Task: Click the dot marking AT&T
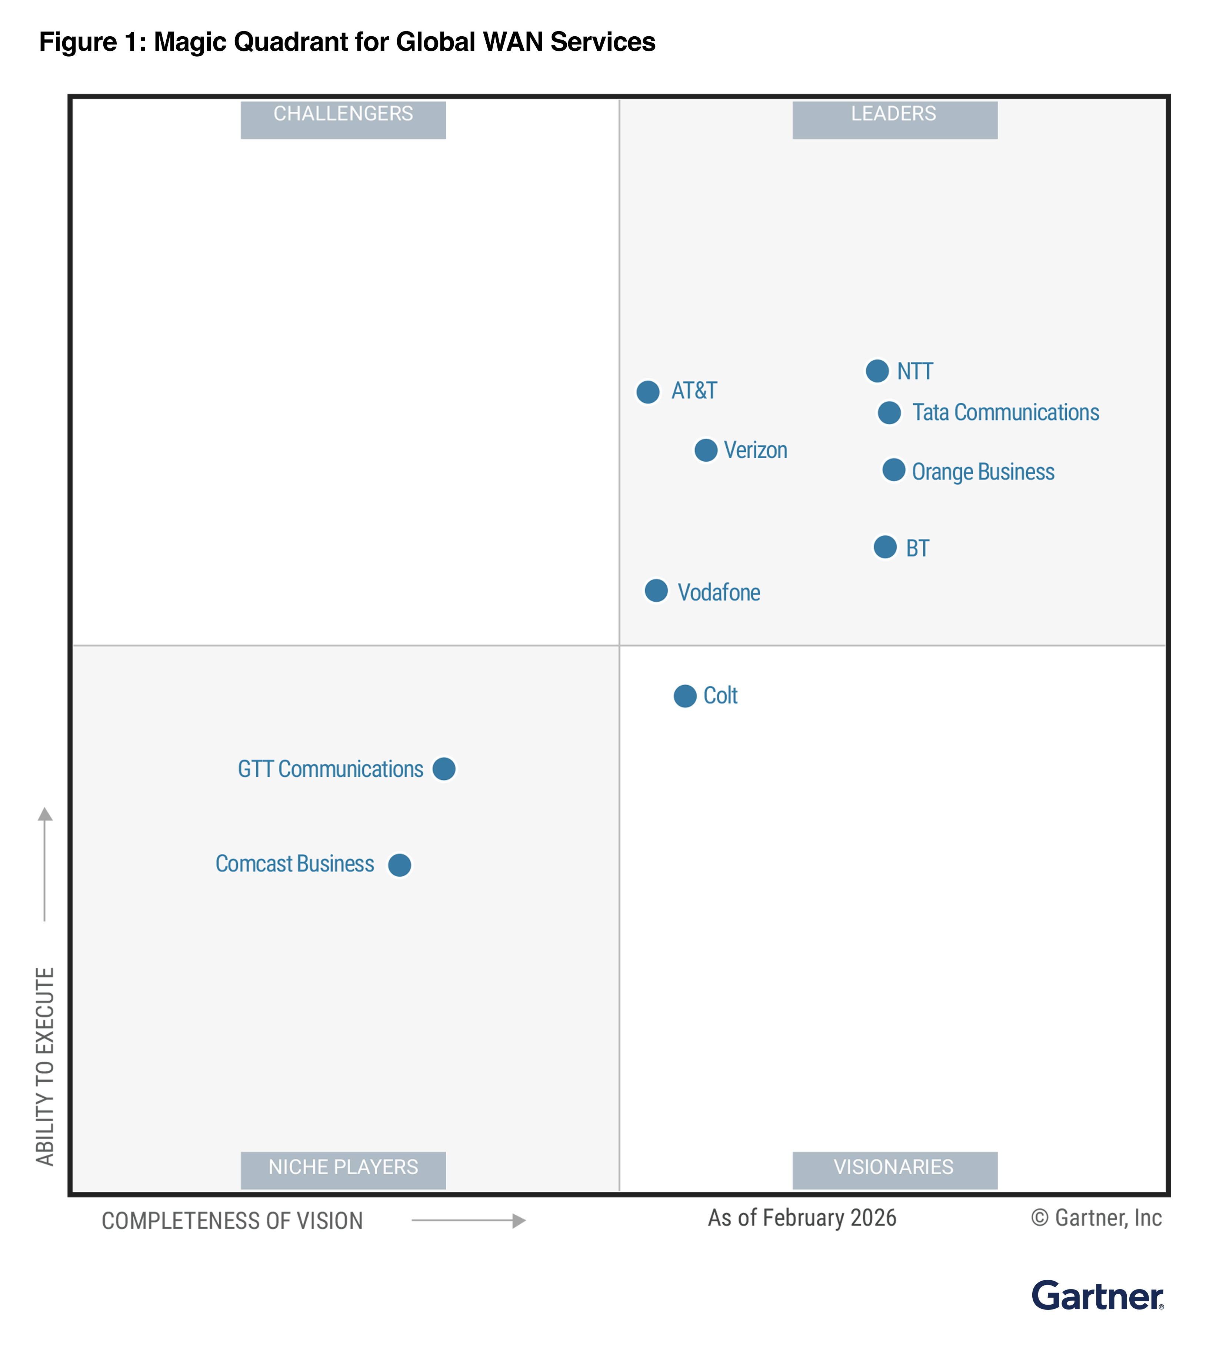647,392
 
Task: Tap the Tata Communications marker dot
889,413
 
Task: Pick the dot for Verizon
705,450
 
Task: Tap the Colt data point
684,696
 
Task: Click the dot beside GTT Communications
443,769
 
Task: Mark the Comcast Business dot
399,865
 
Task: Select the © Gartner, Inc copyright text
1096,1217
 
